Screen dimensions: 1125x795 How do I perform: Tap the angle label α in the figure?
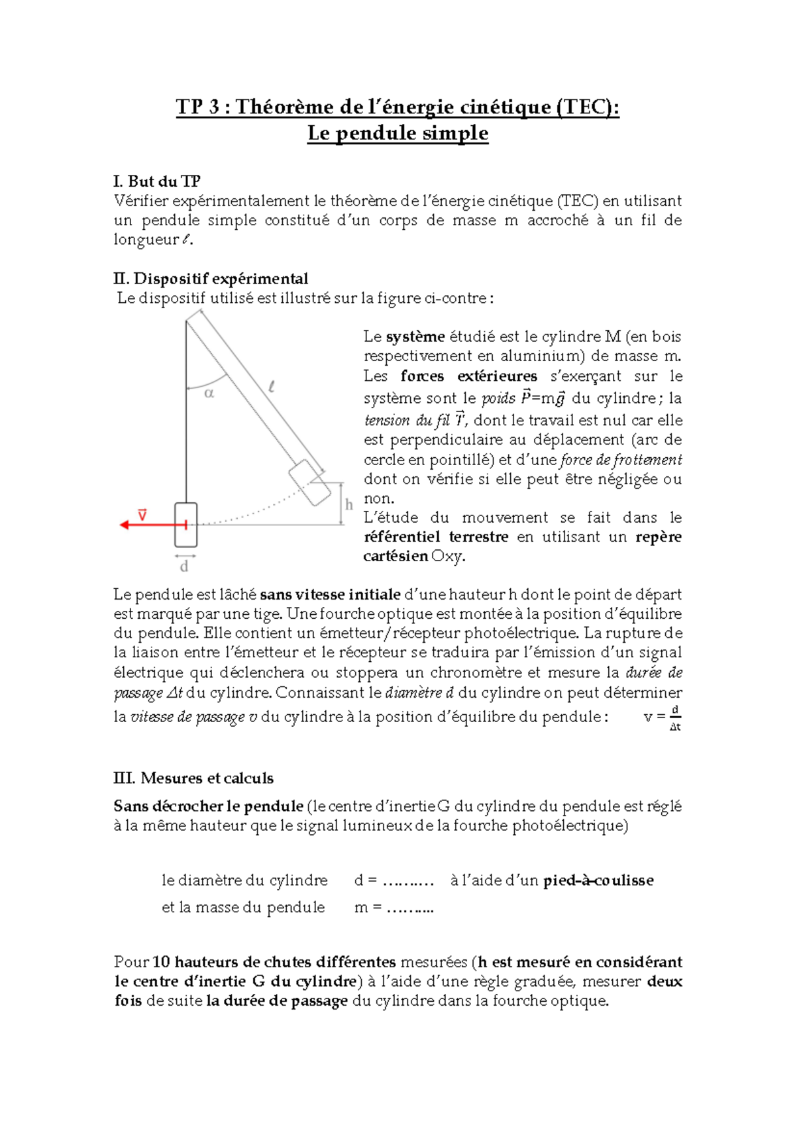click(x=209, y=394)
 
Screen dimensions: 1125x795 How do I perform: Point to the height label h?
click(x=349, y=505)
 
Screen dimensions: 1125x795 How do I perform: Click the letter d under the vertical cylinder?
click(x=184, y=566)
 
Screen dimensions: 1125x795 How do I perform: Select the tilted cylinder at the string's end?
click(x=309, y=482)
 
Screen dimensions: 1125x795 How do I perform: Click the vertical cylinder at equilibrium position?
click(x=186, y=525)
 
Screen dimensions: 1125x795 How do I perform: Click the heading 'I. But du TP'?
click(x=157, y=182)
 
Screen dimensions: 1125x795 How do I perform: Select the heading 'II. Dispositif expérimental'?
click(x=211, y=278)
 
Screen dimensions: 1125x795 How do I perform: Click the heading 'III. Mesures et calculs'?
click(x=193, y=778)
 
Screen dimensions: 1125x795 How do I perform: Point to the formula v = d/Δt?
click(x=662, y=718)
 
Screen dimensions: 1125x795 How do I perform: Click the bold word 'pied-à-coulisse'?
click(x=598, y=881)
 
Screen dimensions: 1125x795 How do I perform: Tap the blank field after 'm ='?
click(x=410, y=908)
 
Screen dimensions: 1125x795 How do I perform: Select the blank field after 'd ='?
click(x=408, y=881)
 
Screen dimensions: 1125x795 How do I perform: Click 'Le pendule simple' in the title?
click(x=397, y=133)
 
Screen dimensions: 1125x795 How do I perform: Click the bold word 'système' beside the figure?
click(x=415, y=337)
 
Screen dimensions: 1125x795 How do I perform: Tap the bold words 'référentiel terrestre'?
click(x=436, y=537)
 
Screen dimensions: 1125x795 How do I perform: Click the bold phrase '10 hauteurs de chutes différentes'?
click(x=274, y=962)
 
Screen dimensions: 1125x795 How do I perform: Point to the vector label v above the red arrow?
click(x=142, y=514)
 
